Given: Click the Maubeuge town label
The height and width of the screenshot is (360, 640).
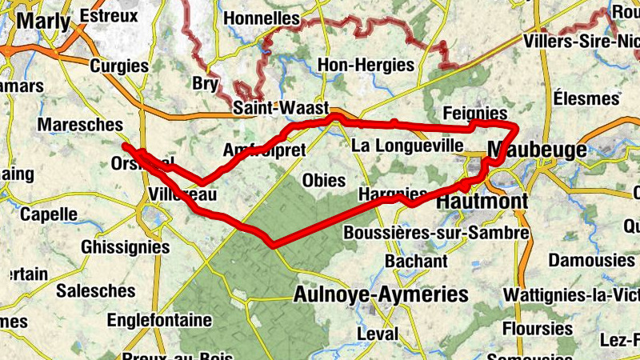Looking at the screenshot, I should click(x=531, y=150).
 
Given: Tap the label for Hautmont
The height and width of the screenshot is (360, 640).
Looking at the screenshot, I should click(x=482, y=202).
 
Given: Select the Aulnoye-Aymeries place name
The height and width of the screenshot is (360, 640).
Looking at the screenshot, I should click(x=380, y=294).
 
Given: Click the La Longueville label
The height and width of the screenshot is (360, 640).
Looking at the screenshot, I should click(x=407, y=146).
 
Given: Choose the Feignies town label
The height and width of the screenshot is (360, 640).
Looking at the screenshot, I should click(x=474, y=113).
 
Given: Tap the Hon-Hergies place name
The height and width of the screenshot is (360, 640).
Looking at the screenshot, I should click(x=366, y=65).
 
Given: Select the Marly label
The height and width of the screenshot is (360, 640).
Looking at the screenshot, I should click(x=43, y=21).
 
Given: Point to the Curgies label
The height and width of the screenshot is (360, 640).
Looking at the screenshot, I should click(x=119, y=66).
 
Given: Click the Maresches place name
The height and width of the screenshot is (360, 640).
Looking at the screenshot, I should click(x=80, y=125).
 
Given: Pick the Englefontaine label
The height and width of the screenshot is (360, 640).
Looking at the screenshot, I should click(x=159, y=321).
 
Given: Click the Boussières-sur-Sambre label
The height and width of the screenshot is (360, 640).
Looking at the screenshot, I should click(x=436, y=233).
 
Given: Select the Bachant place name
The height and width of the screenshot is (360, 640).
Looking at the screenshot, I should click(x=416, y=261).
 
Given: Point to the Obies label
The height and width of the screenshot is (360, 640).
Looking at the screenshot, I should click(x=323, y=181).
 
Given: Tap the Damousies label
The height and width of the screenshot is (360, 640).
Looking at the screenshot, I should click(x=591, y=260).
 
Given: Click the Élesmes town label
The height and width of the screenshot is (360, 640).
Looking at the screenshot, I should click(x=586, y=98).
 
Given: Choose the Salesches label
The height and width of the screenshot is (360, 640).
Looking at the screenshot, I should click(x=95, y=290).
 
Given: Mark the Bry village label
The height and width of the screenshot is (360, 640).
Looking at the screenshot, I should click(x=206, y=83).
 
